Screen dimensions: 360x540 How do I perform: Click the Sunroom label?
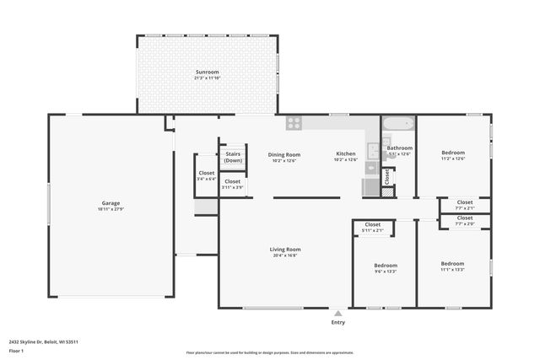(207, 73)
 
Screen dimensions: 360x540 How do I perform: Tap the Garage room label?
(111, 202)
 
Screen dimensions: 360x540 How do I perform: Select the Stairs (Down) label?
(233, 157)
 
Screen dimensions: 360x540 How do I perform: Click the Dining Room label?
(284, 154)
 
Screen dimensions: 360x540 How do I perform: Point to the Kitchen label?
(346, 154)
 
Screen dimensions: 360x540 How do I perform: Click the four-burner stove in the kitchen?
(294, 123)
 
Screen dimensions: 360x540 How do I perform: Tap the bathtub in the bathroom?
(398, 124)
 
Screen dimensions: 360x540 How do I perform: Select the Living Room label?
(285, 250)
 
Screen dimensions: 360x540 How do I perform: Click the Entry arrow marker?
(338, 313)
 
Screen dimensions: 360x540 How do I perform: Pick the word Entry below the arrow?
(338, 322)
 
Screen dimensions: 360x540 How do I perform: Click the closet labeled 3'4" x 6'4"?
(206, 175)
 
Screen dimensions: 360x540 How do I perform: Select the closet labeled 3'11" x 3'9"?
(232, 184)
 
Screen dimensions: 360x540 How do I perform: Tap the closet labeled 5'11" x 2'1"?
(372, 227)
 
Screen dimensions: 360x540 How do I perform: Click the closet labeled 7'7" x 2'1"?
(465, 205)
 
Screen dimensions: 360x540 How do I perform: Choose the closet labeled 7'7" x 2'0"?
(465, 220)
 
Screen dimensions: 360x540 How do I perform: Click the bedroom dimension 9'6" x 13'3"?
(385, 271)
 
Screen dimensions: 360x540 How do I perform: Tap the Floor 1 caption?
(16, 350)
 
